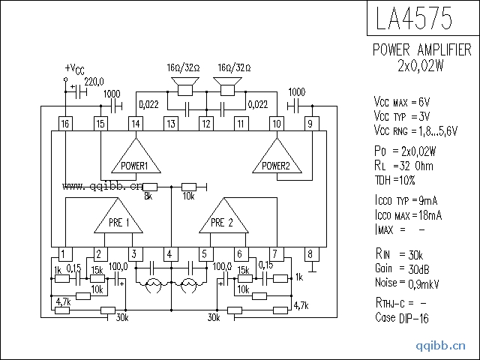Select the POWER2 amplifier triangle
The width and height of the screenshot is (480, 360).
coord(276,160)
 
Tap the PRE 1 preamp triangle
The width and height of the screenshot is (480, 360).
coord(118,219)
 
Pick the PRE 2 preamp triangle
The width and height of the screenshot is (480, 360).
coord(223,219)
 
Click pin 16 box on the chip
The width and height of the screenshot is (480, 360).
coord(66,124)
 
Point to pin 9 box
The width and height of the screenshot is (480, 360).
coord(310,124)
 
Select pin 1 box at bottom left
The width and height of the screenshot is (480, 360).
coord(66,255)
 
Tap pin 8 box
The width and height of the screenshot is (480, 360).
coord(310,255)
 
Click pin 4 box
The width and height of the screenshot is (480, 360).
coord(170,255)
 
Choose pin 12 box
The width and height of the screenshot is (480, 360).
coord(205,124)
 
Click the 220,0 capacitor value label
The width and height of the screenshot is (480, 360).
coord(94,81)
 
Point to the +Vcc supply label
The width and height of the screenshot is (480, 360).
coord(75,70)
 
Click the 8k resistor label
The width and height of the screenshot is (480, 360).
coord(148,196)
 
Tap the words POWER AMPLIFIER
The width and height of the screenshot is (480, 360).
coord(422,50)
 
